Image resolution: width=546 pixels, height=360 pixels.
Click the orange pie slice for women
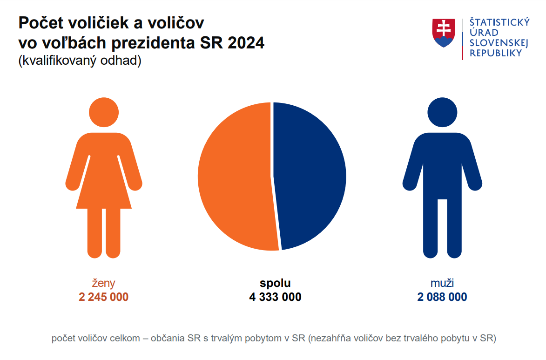(235, 177)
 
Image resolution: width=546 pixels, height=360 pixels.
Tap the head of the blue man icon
(442, 112)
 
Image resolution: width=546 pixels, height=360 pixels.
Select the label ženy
(103, 283)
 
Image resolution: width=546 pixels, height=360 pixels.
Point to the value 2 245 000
(103, 297)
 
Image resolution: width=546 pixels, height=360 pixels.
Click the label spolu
(275, 283)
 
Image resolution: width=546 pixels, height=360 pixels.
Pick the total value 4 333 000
(275, 297)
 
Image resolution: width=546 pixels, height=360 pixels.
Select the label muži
(442, 283)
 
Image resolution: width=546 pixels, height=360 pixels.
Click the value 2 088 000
(442, 297)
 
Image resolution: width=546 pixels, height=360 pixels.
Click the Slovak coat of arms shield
(444, 33)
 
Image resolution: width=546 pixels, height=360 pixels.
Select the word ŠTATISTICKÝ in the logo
(499, 22)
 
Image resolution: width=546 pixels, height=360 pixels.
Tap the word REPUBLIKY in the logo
(496, 53)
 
